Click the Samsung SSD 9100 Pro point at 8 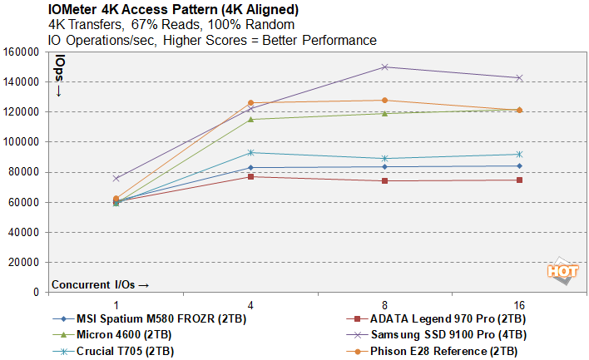click(384, 67)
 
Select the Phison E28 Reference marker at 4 click(250, 103)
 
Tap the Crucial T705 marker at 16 click(519, 154)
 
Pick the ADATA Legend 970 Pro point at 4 click(250, 176)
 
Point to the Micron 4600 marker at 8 click(384, 113)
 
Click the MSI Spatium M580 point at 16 click(519, 166)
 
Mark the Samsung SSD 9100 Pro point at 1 click(116, 178)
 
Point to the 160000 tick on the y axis click(22, 52)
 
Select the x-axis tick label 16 click(519, 304)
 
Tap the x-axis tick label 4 click(250, 304)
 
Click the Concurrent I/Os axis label click(100, 284)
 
